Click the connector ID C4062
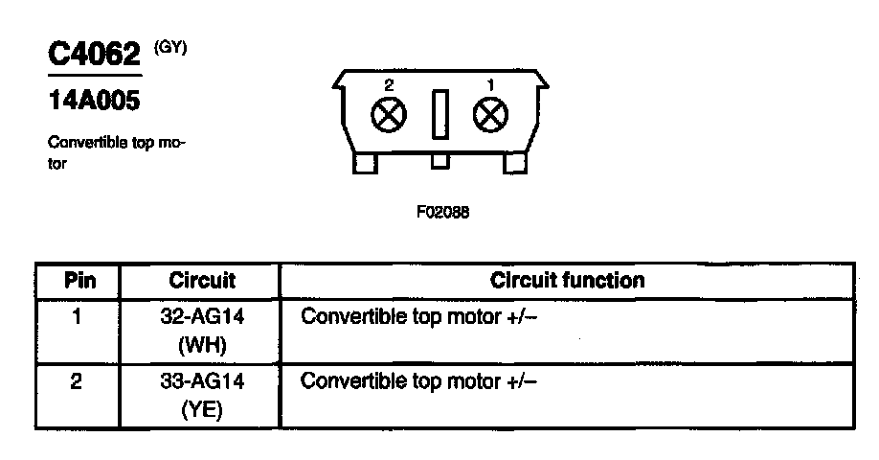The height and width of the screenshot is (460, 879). click(94, 54)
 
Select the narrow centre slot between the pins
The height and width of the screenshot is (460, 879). click(439, 115)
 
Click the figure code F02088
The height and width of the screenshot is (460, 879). click(442, 213)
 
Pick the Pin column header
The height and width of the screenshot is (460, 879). click(78, 281)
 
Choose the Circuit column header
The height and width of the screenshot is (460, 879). click(202, 281)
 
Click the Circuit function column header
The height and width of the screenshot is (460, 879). click(567, 281)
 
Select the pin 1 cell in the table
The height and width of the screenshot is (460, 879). click(77, 315)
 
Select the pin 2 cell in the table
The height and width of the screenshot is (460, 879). click(77, 380)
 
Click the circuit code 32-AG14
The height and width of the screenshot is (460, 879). click(202, 315)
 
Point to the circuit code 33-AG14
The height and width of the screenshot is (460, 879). click(202, 380)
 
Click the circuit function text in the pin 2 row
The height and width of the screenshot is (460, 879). click(419, 380)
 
